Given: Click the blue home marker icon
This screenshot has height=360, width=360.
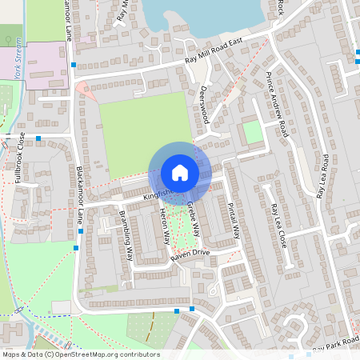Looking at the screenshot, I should tap(180, 172).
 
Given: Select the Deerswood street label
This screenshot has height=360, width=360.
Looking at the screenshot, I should tap(204, 104).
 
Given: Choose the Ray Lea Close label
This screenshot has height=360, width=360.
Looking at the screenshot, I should tap(279, 225).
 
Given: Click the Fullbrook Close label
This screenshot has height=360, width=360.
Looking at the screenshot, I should tap(20, 158).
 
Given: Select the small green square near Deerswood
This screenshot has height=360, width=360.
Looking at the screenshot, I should tap(253, 132).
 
